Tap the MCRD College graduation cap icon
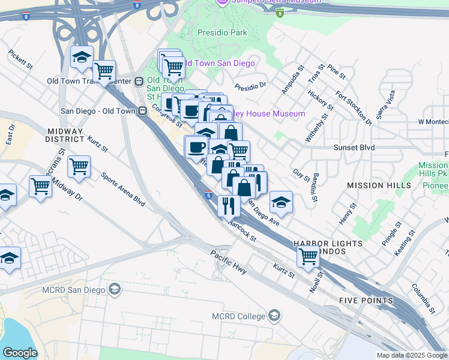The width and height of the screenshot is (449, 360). [x=274, y=316]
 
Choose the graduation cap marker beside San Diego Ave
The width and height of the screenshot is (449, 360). [x=280, y=202]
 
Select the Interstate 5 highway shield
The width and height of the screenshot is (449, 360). [x=208, y=195]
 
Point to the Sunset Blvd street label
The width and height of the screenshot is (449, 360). [x=354, y=147]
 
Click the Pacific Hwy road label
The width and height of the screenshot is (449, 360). [x=229, y=261]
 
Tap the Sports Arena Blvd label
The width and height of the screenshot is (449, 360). [x=123, y=189]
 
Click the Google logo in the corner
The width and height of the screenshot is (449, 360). [x=20, y=353]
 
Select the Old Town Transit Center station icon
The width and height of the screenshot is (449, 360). [x=139, y=81]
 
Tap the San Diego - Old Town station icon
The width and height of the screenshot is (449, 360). [x=143, y=110]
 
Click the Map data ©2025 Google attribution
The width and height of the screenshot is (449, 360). [x=412, y=355]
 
